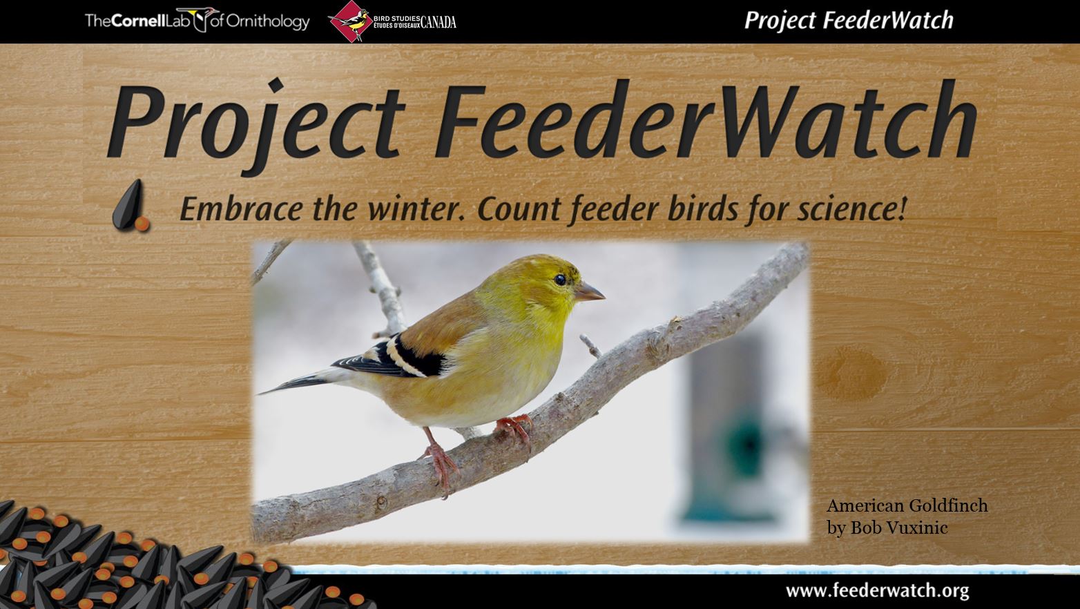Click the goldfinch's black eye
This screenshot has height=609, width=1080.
[x=560, y=279]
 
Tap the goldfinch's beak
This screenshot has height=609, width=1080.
[x=589, y=291]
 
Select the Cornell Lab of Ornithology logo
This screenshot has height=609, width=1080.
[x=197, y=21]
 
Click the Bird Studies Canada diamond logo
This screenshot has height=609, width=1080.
[x=350, y=21]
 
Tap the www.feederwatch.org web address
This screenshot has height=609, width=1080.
[x=878, y=590]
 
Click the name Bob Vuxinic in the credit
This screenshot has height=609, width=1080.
[x=899, y=528]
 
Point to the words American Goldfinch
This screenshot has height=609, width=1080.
[x=907, y=505]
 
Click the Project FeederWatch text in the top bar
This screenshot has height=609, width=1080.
[x=849, y=20]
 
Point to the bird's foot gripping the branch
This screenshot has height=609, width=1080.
[x=515, y=428]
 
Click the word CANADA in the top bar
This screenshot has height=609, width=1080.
[x=438, y=22]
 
